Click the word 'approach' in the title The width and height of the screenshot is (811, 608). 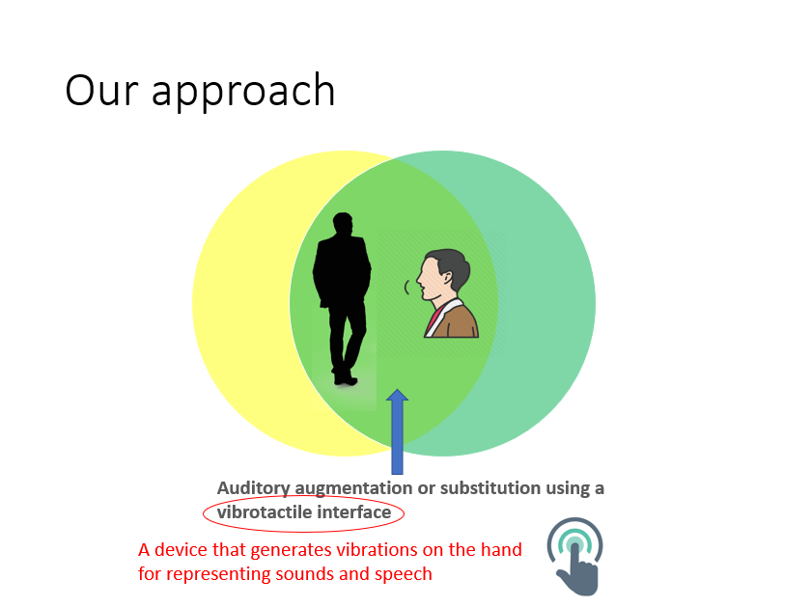coord(243,92)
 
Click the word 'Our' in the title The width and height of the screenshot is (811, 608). coord(101,90)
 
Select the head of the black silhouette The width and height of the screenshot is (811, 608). coord(343,224)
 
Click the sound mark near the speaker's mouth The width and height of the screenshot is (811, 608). coord(407,288)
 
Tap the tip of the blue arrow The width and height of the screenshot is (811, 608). coord(397,389)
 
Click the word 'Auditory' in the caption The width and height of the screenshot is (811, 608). coord(253,488)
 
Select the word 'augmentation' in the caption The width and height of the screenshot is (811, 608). coord(353,488)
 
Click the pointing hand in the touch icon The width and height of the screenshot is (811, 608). coord(578,570)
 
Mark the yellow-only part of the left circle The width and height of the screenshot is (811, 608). coord(238,304)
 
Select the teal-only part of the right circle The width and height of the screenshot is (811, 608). coord(548,304)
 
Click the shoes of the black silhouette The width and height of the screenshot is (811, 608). coord(346,379)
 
